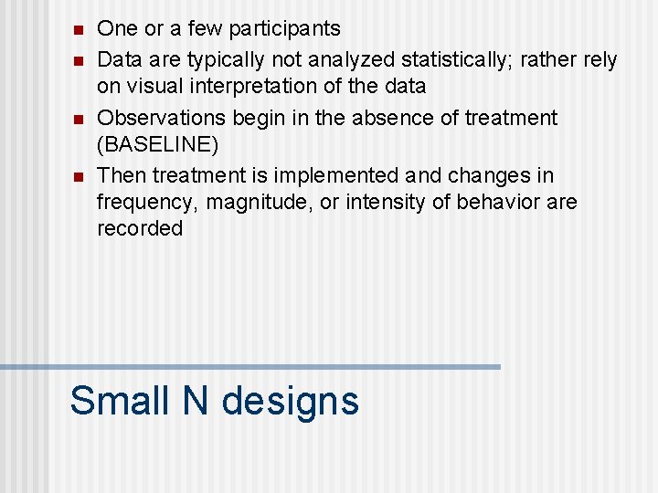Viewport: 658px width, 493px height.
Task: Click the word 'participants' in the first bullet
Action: tap(284, 29)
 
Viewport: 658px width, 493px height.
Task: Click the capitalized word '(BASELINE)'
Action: tap(157, 144)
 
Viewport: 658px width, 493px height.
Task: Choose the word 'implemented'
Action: tap(338, 174)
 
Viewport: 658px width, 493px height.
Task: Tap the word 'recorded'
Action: tap(140, 228)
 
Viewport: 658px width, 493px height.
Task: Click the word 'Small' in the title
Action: tap(119, 401)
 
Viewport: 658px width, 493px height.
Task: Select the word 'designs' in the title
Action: tap(291, 401)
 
